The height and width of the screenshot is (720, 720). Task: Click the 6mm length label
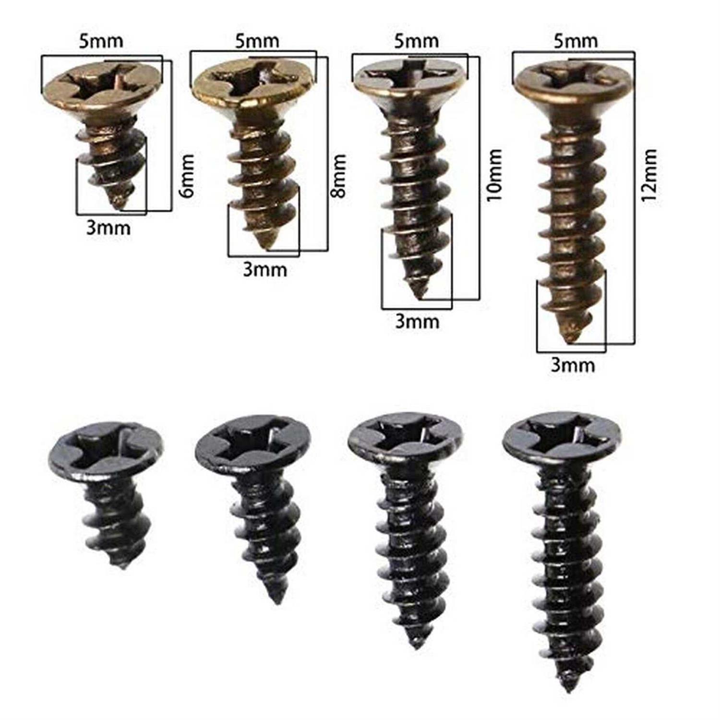coord(187,176)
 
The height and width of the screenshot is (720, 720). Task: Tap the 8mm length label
coord(338,176)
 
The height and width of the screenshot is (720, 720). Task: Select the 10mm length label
coord(494,175)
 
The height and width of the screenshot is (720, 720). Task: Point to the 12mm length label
coord(649,176)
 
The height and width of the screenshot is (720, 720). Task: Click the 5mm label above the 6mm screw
coord(101,41)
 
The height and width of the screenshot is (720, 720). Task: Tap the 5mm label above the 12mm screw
coord(576,41)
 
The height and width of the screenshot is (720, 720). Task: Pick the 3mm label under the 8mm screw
coord(265,270)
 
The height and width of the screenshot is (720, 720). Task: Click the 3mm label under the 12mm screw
coord(573,365)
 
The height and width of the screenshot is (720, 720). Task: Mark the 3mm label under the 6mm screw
coord(108,228)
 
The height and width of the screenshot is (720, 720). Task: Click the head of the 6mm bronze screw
coord(101,87)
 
